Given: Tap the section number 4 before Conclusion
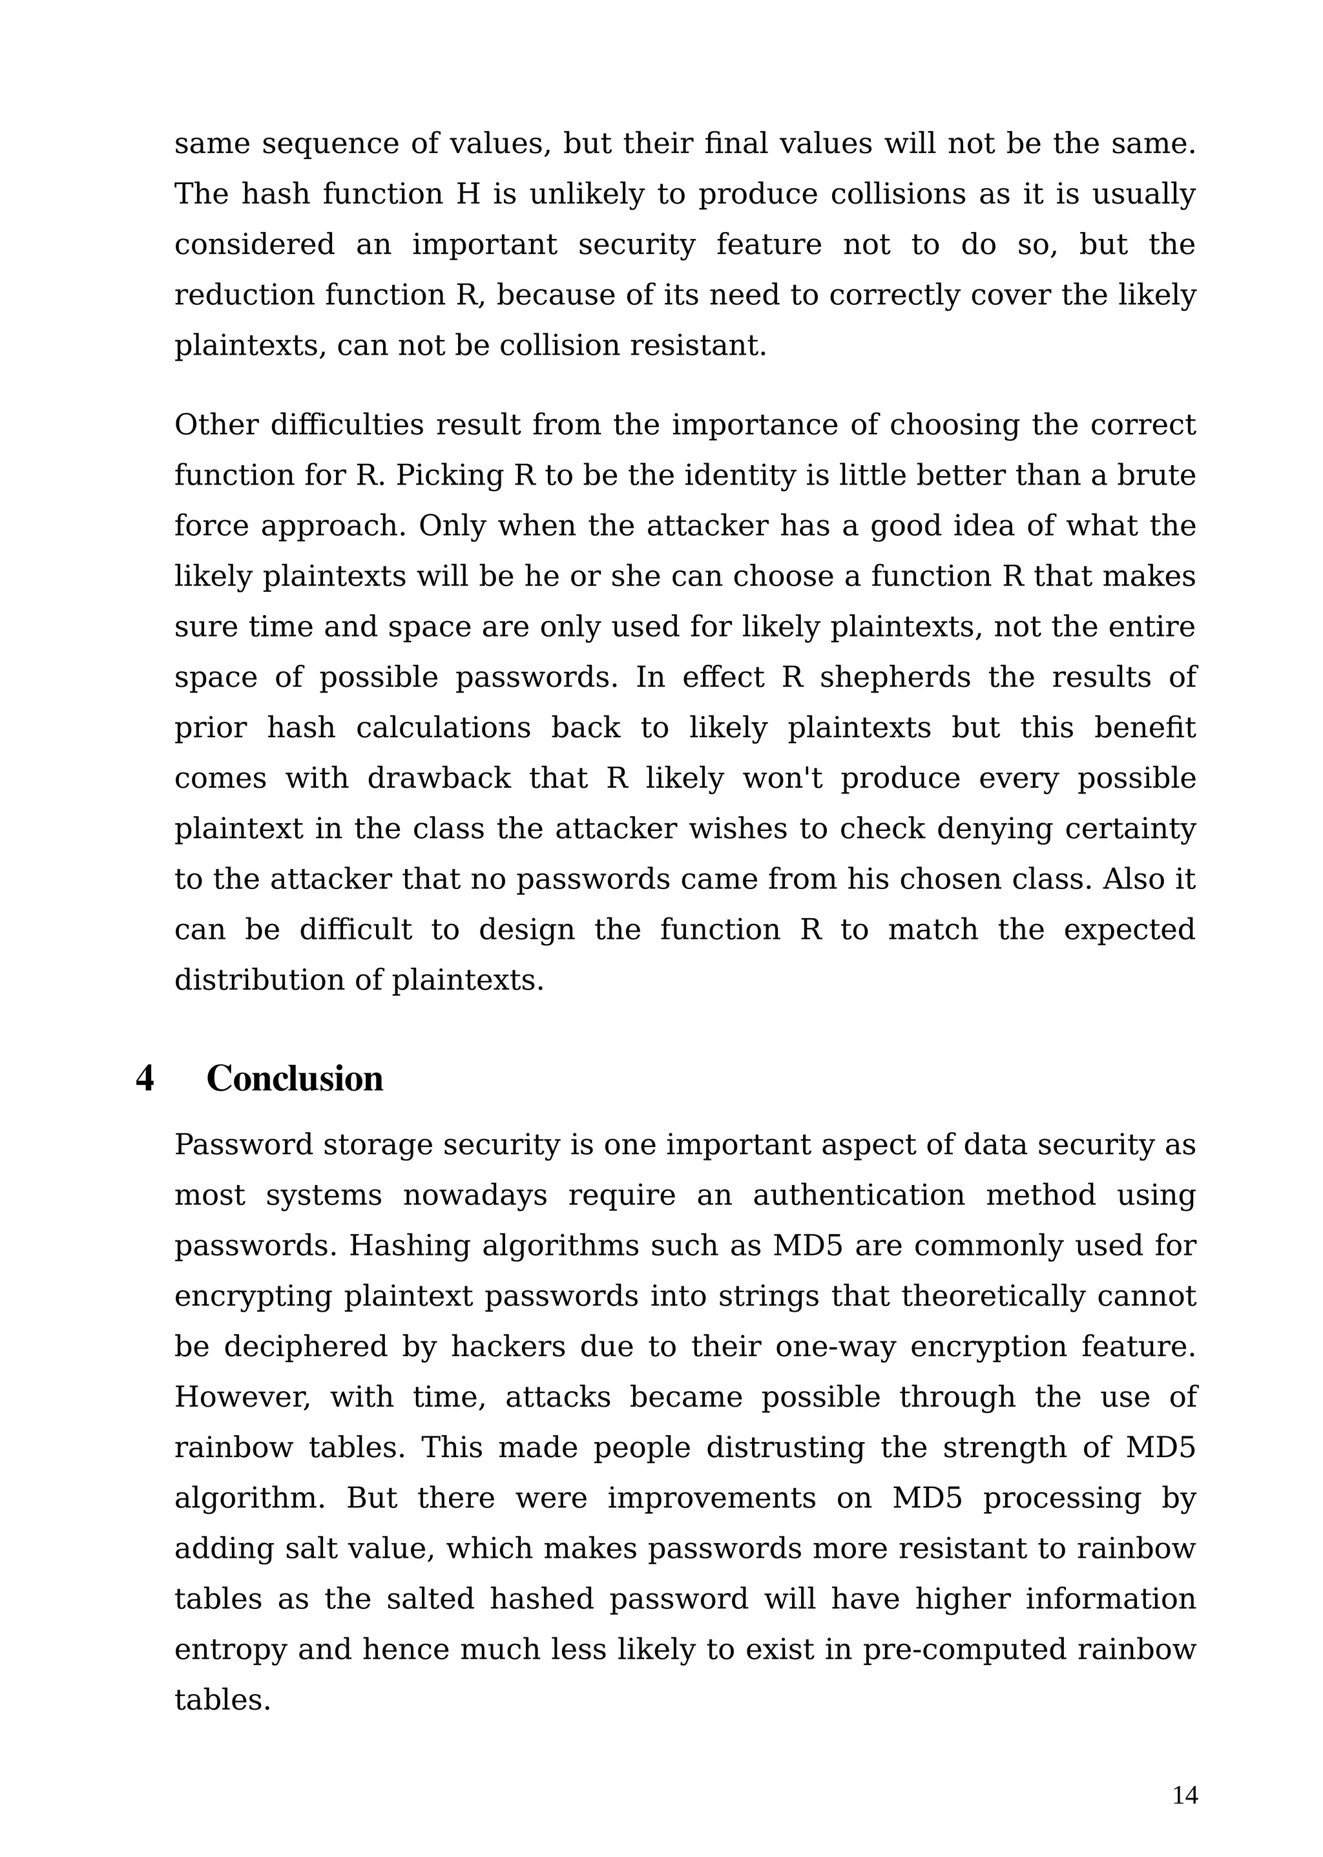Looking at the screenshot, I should [145, 1079].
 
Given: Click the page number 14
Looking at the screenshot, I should [1185, 1796].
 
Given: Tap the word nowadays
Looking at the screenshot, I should [475, 1195].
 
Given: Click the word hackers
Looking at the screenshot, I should [508, 1347].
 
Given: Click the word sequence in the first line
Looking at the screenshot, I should [331, 144].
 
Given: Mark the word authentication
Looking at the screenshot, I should [858, 1195].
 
